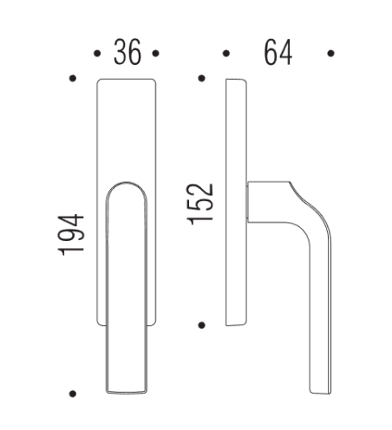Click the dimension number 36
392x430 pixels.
(x=127, y=52)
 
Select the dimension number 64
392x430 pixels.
(x=278, y=52)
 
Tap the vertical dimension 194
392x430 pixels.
(x=71, y=235)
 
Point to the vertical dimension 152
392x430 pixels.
(x=200, y=204)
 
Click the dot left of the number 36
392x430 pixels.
(x=97, y=53)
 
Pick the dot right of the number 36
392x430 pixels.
(x=155, y=53)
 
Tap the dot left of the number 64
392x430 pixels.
(x=226, y=53)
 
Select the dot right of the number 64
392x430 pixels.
(x=331, y=53)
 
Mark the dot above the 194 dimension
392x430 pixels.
(x=73, y=78)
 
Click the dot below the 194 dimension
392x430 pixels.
(x=73, y=394)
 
